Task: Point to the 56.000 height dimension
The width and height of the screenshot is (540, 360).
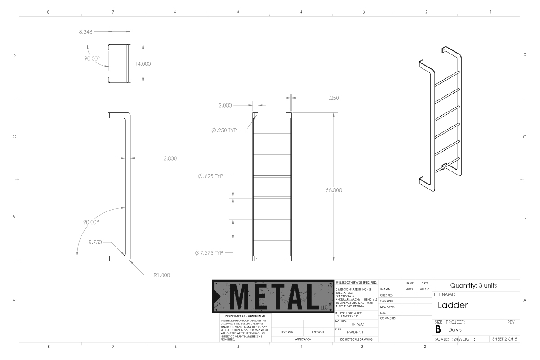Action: pos(334,190)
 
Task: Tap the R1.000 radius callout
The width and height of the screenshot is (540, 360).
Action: pos(162,274)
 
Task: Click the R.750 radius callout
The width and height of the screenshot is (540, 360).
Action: pos(95,242)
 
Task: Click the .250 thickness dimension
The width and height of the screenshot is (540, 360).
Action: pos(334,98)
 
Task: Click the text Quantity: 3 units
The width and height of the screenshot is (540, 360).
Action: pos(477,285)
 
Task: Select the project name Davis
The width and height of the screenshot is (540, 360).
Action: pos(454,329)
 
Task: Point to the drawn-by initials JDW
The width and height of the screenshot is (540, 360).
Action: pos(409,289)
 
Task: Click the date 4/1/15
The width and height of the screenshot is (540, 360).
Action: pos(424,289)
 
